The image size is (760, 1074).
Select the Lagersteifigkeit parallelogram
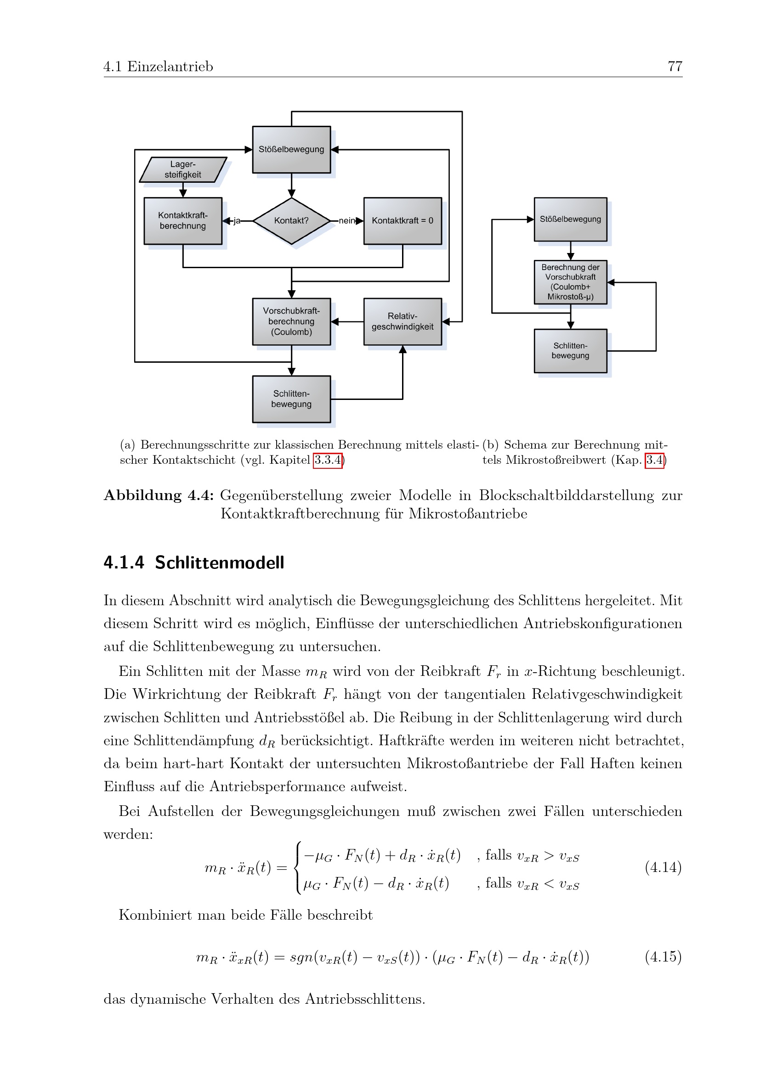point(183,169)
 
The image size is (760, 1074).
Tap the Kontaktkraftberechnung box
point(183,221)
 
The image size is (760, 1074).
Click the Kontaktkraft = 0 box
point(403,221)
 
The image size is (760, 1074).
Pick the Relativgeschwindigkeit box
point(403,321)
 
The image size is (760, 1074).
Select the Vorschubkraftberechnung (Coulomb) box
point(292,321)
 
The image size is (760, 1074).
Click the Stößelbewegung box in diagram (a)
point(292,150)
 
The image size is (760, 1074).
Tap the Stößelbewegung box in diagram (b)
point(571,219)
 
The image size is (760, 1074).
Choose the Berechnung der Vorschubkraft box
point(571,282)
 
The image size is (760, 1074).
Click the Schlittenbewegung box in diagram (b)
point(571,351)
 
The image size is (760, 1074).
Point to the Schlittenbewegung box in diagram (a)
point(292,399)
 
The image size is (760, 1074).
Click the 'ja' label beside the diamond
point(237,221)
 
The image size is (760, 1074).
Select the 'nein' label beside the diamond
point(347,221)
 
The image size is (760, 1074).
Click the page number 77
point(675,67)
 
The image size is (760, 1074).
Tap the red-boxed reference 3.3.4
point(328,460)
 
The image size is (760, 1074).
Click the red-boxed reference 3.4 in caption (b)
point(655,460)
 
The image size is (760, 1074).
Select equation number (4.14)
point(663,867)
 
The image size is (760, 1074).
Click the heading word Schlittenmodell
point(220,562)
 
